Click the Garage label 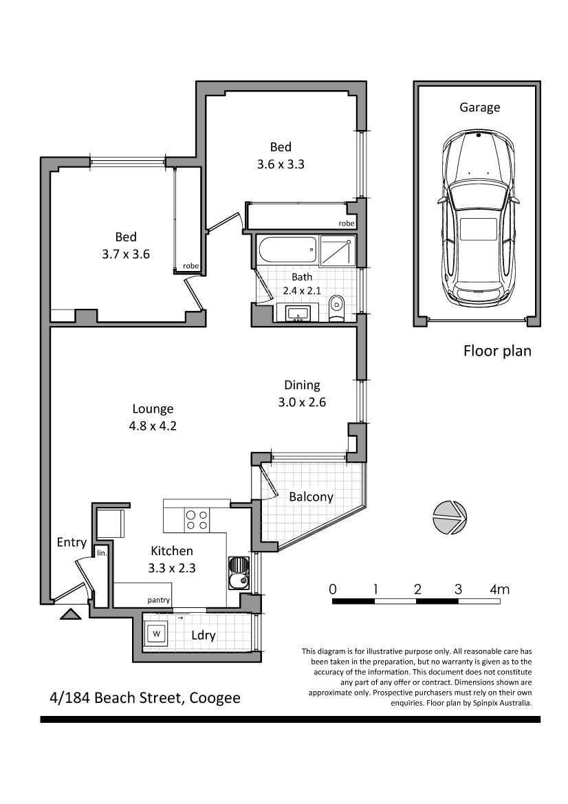click(479, 108)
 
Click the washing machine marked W click(156, 633)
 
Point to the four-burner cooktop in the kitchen click(197, 520)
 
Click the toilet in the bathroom click(337, 307)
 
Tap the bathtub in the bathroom click(286, 251)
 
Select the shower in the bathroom click(337, 251)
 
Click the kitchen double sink click(238, 574)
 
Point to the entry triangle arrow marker click(71, 613)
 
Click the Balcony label click(312, 497)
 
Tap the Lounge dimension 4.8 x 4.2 click(153, 426)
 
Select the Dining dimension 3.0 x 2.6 click(302, 402)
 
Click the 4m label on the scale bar click(500, 589)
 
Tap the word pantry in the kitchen click(158, 600)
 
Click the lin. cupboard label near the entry click(102, 553)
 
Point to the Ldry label click(203, 635)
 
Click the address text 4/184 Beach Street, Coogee click(145, 698)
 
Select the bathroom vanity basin click(298, 312)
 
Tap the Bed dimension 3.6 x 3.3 click(281, 164)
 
